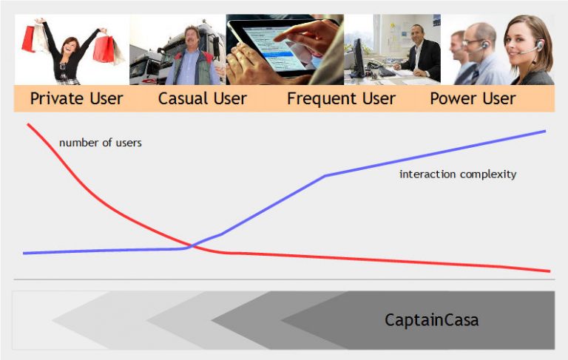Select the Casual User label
point(202,98)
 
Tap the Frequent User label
point(341,98)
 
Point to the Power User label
point(473,98)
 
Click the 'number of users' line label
point(100,143)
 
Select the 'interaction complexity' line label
point(457,174)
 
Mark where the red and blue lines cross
point(191,245)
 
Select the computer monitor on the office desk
point(358,55)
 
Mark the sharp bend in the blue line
point(326,175)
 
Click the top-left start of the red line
point(28,124)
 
